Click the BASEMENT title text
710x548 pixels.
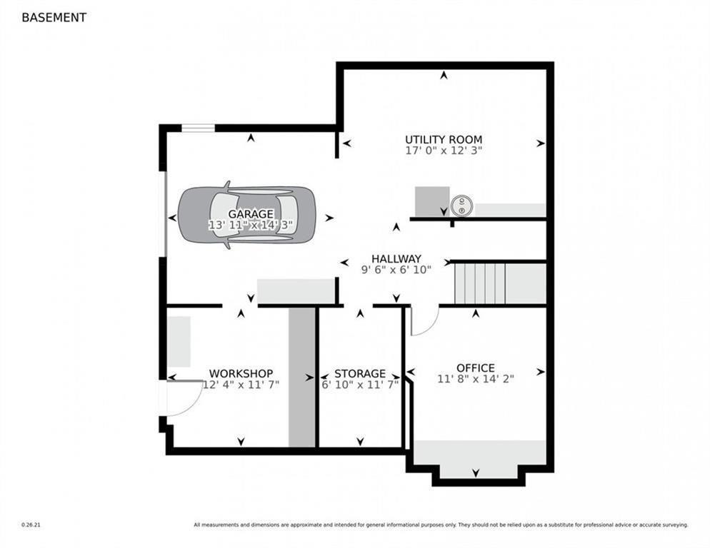[x=54, y=18]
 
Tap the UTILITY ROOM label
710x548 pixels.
[x=444, y=139]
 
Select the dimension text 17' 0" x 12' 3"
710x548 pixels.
[x=444, y=151]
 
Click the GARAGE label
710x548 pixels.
[x=251, y=213]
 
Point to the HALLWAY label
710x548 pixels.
[x=396, y=259]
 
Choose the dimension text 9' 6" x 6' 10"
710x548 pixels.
[x=396, y=270]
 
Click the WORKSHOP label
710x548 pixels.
[x=241, y=374]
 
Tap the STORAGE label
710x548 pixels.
[x=360, y=374]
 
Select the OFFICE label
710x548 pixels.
[x=476, y=368]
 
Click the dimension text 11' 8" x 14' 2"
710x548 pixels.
[x=476, y=379]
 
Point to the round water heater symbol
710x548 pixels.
[x=462, y=206]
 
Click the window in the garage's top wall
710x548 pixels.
[x=199, y=128]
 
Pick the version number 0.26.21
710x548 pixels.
[x=31, y=525]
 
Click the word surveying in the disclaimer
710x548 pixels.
[x=676, y=525]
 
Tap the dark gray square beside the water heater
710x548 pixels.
[x=432, y=201]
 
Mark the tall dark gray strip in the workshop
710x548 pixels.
[x=302, y=377]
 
